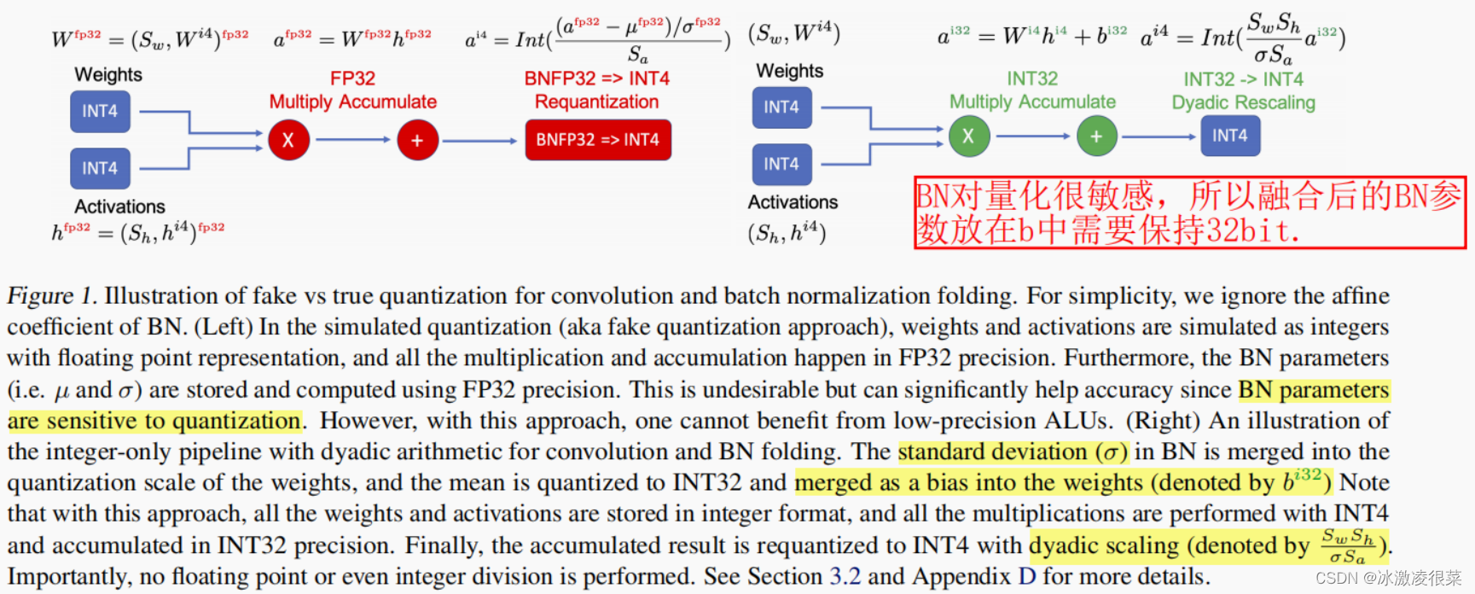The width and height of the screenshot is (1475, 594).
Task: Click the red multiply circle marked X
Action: coord(288,140)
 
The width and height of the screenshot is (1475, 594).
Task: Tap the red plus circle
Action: coord(417,140)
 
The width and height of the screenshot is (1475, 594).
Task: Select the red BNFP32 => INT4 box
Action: coord(598,140)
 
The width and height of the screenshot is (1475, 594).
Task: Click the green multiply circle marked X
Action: coord(968,136)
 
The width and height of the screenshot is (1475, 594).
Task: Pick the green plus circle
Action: coord(1096,137)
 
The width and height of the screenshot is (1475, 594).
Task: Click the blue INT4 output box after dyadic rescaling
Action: coord(1229,136)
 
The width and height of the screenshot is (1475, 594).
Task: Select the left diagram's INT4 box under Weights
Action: coord(100,112)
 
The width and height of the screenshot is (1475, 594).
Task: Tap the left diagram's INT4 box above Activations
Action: coord(100,168)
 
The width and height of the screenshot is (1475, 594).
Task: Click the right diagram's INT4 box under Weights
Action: coord(781,108)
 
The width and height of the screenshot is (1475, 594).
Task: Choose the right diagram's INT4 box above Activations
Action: coord(781,164)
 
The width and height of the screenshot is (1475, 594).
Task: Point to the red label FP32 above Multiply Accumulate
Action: coord(352,79)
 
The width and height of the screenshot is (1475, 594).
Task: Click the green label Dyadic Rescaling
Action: coord(1243,103)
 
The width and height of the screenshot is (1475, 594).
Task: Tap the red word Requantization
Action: coord(596,102)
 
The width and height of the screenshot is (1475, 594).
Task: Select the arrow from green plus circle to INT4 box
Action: coord(1159,137)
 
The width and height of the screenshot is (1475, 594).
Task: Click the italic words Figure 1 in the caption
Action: coord(51,296)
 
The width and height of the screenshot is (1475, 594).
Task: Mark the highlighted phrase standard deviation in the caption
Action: coord(992,451)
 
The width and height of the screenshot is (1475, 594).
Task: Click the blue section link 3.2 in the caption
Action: coord(845,576)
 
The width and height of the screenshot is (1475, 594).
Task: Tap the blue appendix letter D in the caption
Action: coord(1027,576)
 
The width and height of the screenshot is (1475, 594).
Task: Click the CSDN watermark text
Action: coord(1388,578)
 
